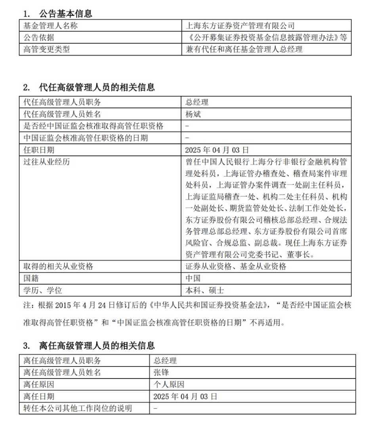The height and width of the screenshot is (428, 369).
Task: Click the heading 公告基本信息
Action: coord(65,13)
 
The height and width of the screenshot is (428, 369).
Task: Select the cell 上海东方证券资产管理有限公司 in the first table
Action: coord(241,26)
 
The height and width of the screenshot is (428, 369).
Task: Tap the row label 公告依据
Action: coord(38,38)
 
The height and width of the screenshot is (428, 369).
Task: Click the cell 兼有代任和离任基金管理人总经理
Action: coord(244,50)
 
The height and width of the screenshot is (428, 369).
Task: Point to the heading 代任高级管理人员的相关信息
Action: coord(97,87)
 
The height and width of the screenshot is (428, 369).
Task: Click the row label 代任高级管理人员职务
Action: coord(62,102)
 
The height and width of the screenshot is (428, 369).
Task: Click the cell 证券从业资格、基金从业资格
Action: coord(236,266)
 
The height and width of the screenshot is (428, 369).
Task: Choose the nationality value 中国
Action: coord(193,278)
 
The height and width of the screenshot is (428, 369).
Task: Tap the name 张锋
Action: coord(161,373)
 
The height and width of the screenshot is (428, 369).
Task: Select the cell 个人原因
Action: coord(169,384)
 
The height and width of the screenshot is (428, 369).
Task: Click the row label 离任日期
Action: coord(38,396)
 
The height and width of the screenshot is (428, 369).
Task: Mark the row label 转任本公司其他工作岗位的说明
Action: coord(78,408)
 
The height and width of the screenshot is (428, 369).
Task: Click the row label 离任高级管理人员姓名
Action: coord(62,373)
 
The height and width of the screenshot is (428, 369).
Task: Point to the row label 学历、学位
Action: coord(42,290)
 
